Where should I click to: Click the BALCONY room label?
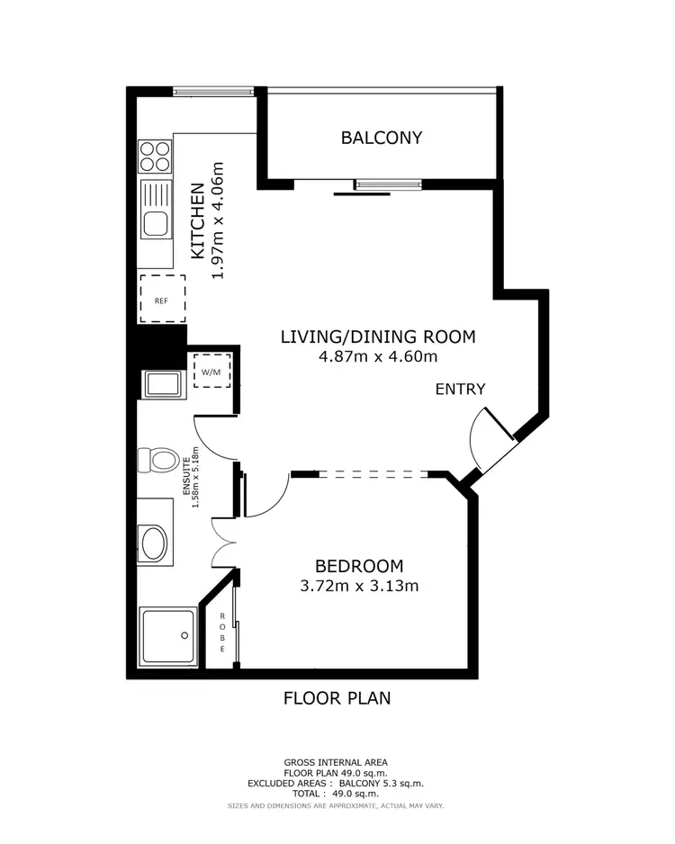click(381, 138)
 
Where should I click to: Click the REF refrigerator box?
click(161, 300)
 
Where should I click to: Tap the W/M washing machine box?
click(211, 370)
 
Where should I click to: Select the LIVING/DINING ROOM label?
click(377, 337)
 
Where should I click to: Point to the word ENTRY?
click(460, 390)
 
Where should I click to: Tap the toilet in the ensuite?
click(157, 461)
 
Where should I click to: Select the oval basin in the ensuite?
click(154, 543)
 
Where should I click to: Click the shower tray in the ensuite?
click(167, 636)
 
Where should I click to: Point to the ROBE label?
click(221, 633)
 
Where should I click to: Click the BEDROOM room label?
click(358, 566)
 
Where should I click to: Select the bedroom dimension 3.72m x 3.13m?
click(360, 586)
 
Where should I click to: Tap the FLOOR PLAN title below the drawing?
click(337, 697)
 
